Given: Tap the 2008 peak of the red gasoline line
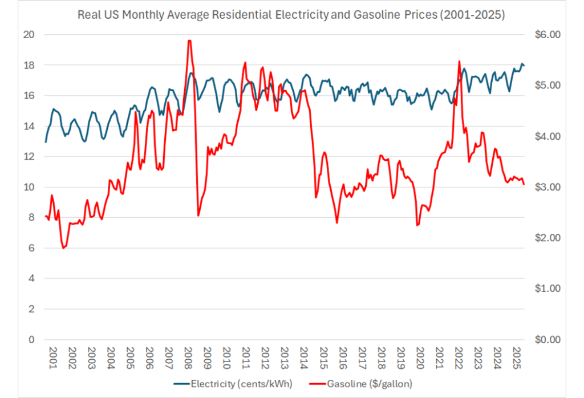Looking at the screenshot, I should click(189, 40).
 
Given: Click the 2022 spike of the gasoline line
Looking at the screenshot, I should click(459, 61).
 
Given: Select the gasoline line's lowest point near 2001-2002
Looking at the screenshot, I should click(63, 248).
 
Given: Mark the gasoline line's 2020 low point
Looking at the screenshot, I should click(417, 225).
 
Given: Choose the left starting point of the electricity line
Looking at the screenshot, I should click(45, 141).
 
